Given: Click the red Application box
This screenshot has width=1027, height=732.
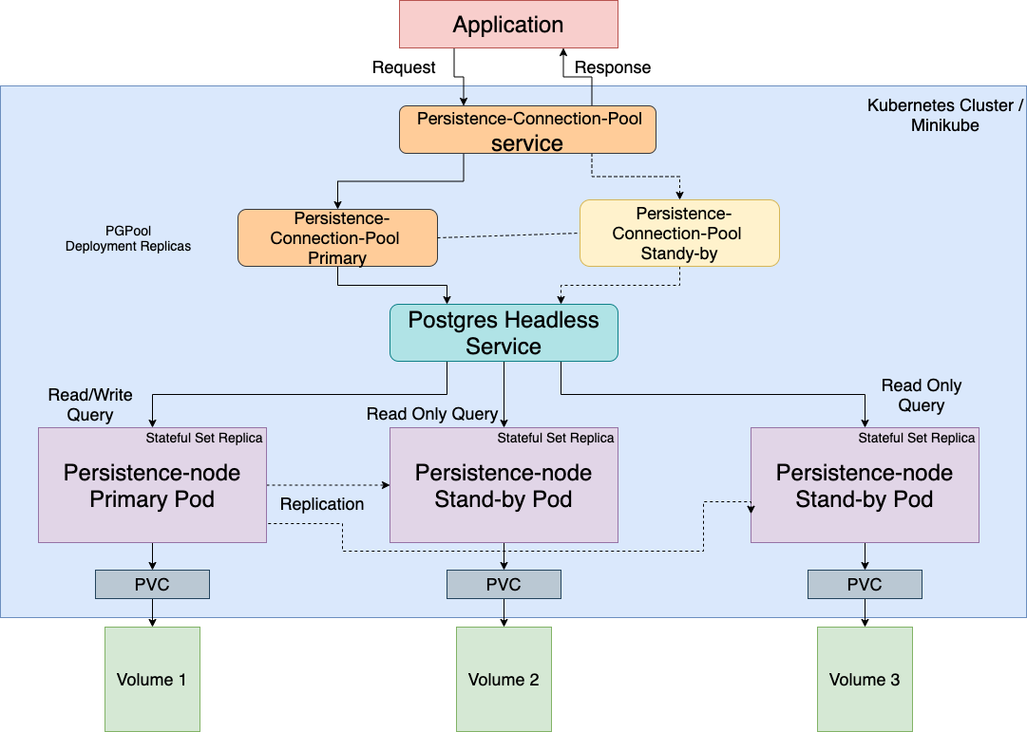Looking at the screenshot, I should point(508,25).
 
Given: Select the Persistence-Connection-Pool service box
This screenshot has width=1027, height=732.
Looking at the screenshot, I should point(527,130).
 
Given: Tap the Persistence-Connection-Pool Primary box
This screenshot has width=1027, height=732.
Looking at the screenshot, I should point(337,237).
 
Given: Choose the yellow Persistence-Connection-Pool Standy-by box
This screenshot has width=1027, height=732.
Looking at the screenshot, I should point(679,234).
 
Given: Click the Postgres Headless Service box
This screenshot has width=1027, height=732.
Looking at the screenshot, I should point(504,333).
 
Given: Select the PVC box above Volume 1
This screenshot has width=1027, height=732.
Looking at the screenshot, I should point(152,585).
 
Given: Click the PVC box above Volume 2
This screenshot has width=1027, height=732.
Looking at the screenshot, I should point(504,585).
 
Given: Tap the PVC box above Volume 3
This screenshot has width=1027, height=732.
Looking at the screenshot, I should point(865,585).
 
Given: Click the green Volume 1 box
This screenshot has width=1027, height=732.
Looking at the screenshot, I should point(152,679).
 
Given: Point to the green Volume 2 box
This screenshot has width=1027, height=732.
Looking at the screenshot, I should point(504,679).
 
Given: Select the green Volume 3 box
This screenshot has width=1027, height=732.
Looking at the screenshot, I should point(865,679).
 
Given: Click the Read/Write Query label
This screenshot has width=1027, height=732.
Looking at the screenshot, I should point(90,404).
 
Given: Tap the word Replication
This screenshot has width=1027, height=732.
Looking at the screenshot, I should point(322,504).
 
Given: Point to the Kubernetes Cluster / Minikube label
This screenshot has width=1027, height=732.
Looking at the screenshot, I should point(945,115).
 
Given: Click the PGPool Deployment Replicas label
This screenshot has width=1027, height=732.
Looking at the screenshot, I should point(128,238).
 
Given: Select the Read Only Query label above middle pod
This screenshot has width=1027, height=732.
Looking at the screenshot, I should point(432,414).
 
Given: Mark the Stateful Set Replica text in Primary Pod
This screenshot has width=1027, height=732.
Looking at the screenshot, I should point(204,438).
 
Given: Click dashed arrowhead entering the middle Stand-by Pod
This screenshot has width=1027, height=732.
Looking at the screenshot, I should point(385,485).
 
